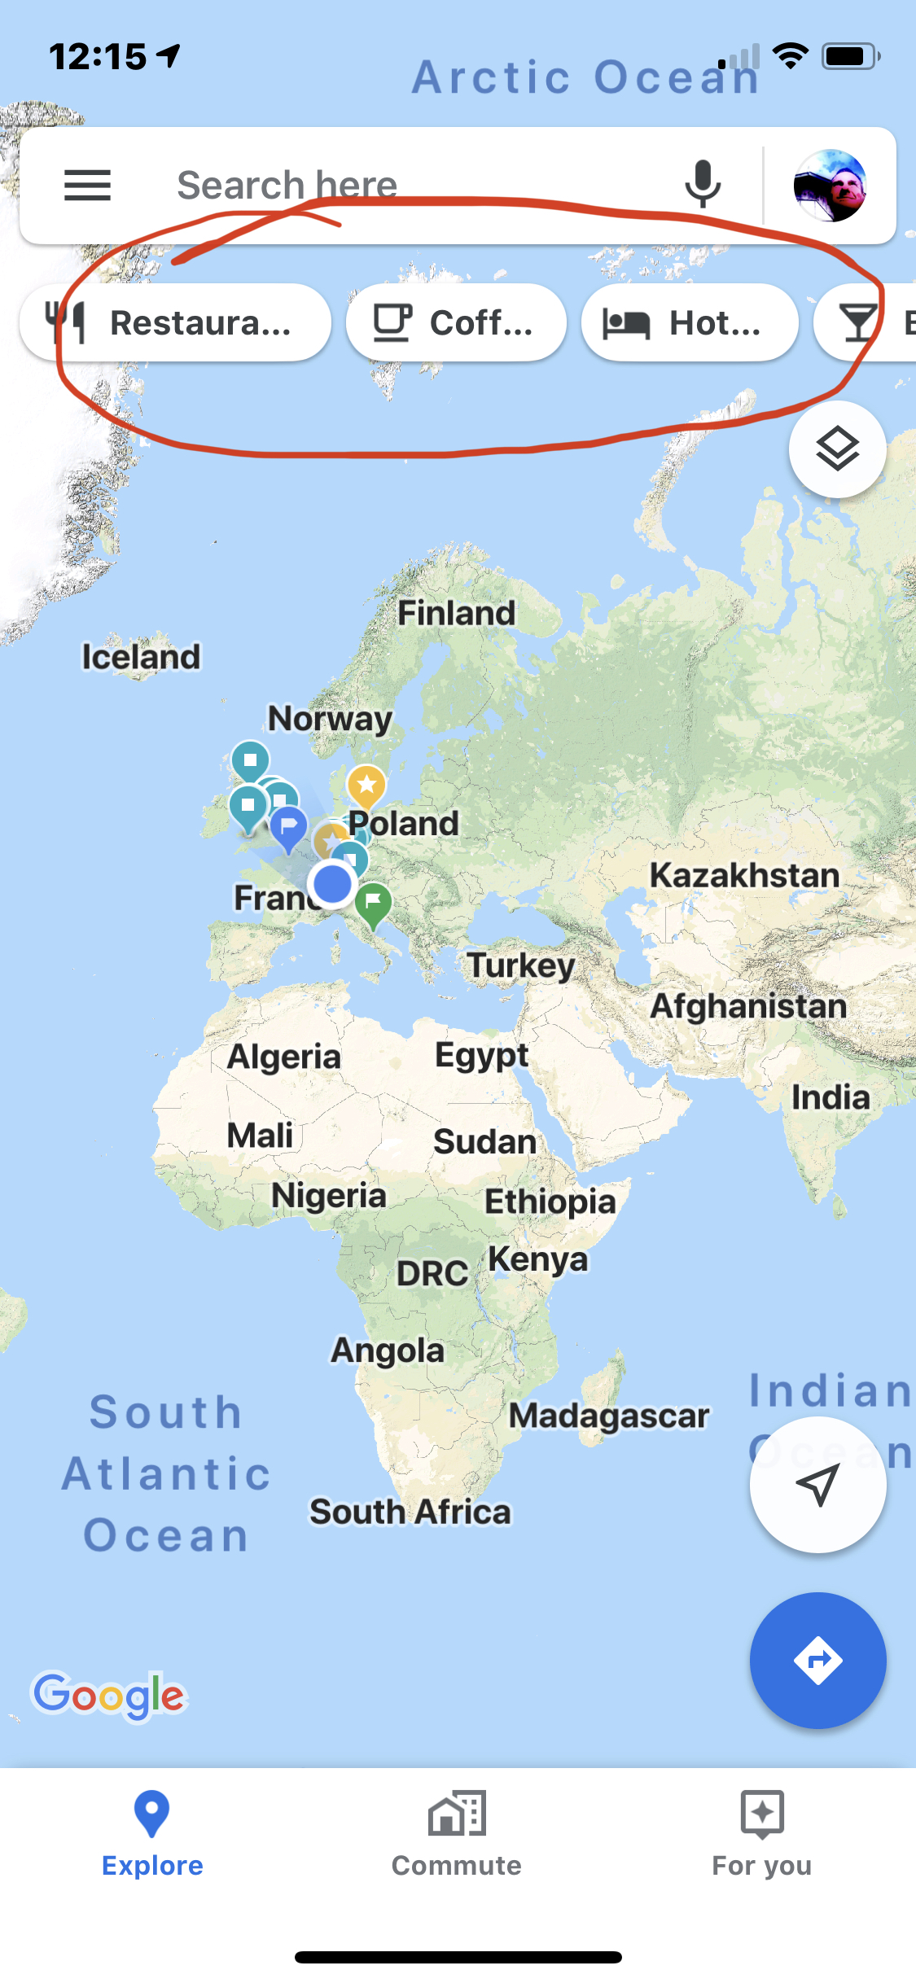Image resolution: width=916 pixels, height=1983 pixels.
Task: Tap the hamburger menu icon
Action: (x=87, y=186)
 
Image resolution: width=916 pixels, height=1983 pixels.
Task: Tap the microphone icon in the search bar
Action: (x=703, y=185)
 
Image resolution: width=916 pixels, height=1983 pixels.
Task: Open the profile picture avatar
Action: (x=830, y=186)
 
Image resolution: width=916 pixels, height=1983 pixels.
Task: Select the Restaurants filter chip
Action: (x=176, y=322)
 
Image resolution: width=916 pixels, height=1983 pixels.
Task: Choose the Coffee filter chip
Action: (x=456, y=322)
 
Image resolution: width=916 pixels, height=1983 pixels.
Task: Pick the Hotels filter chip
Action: (x=689, y=322)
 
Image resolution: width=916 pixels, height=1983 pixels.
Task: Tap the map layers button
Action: (x=837, y=449)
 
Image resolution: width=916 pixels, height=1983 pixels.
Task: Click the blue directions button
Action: (x=817, y=1660)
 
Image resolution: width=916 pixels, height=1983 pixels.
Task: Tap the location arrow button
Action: (x=817, y=1484)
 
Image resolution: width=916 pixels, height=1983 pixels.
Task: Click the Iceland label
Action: (x=141, y=657)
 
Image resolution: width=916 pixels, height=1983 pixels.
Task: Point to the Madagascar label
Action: (x=609, y=1416)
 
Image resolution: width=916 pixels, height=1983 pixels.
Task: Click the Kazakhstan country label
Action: (x=744, y=875)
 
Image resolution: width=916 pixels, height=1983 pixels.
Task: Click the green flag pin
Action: (x=373, y=903)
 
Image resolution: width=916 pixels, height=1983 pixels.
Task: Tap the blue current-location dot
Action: (x=332, y=883)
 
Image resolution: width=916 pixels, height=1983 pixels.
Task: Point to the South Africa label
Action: (x=410, y=1512)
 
